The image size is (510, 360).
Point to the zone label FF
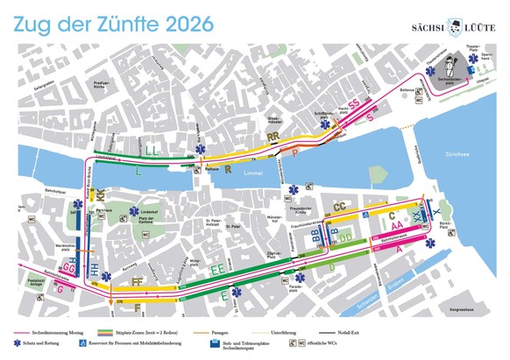(x=135, y=281)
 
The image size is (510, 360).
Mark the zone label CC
(x=337, y=207)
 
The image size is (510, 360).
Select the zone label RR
(x=273, y=138)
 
